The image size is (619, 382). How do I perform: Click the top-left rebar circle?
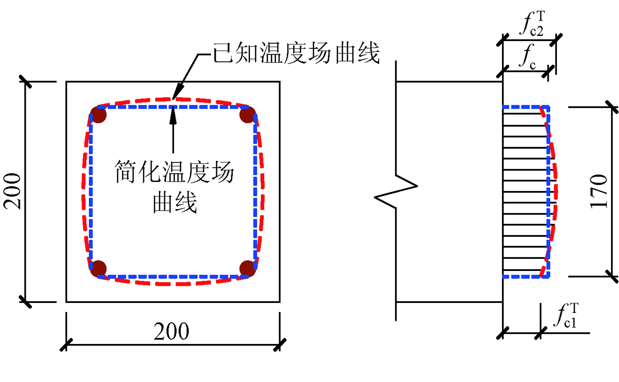99,115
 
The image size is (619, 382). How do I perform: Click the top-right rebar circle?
247,115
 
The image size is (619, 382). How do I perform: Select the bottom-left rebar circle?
99,268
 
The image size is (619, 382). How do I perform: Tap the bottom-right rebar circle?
247,268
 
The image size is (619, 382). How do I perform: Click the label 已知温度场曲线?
296,54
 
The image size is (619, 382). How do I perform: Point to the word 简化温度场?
174,172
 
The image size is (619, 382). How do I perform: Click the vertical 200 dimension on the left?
13,191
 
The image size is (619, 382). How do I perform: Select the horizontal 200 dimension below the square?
171,331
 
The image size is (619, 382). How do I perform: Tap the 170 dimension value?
599,191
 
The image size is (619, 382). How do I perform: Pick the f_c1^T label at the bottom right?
566,316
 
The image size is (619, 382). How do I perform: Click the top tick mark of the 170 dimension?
612,107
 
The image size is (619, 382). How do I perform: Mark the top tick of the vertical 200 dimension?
25,82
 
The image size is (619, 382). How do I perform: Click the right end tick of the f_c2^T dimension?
556,40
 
